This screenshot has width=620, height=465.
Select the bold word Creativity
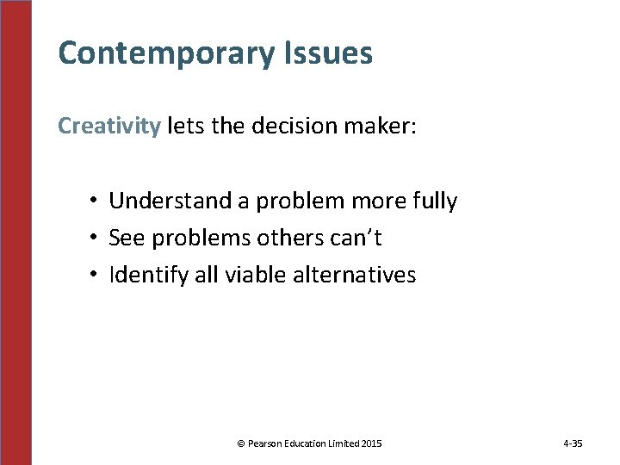[x=109, y=127]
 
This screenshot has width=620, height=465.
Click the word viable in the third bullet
[x=252, y=276]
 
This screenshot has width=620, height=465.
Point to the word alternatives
[x=355, y=276]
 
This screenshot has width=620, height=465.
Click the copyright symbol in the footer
[x=240, y=443]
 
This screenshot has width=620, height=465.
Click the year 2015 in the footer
[x=372, y=443]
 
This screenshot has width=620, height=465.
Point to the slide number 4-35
[x=573, y=443]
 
